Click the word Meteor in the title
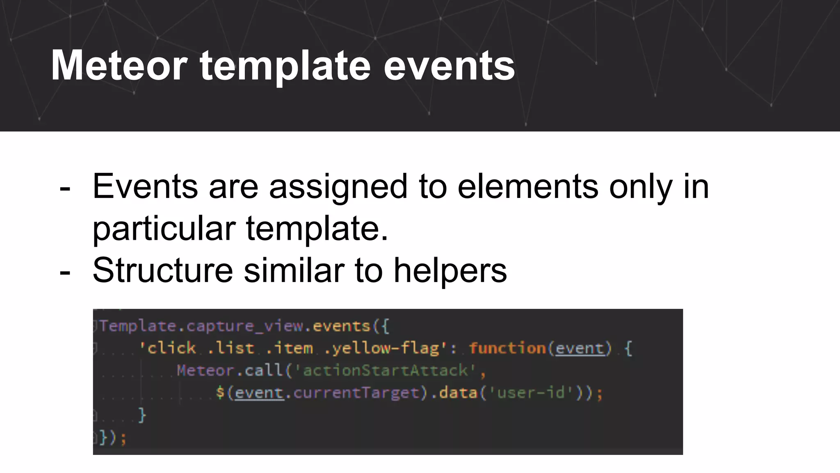(x=119, y=66)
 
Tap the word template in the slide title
(x=285, y=66)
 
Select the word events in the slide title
(x=449, y=66)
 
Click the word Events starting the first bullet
(x=145, y=187)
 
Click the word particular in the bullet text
(x=164, y=229)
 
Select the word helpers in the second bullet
(x=450, y=271)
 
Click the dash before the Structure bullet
(x=65, y=272)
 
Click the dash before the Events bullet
(x=65, y=189)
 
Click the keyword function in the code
(x=507, y=348)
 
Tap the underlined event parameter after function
(x=580, y=348)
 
